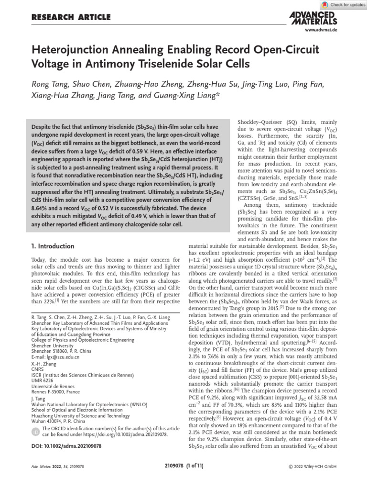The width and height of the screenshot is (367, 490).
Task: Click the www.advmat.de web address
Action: tap(321, 30)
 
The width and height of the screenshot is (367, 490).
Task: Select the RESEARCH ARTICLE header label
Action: tap(71, 18)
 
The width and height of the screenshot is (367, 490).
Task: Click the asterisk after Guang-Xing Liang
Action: tap(218, 95)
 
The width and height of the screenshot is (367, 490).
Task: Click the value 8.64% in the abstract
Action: tap(42, 209)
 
